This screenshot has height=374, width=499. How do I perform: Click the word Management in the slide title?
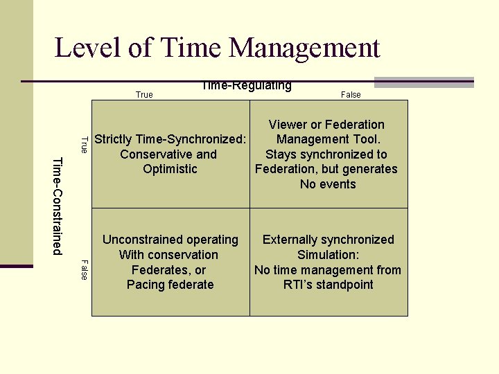(x=304, y=48)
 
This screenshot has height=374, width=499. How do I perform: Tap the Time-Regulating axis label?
(x=247, y=86)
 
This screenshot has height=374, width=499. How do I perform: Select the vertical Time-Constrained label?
(x=58, y=206)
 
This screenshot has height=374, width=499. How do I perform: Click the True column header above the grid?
(x=144, y=95)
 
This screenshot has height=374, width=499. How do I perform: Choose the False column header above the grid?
(x=351, y=95)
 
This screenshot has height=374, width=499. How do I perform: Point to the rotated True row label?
(x=84, y=145)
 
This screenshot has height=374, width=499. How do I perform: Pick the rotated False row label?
(x=84, y=269)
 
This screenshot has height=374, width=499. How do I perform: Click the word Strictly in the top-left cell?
(x=116, y=139)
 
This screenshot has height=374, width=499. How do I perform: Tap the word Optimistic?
(x=170, y=169)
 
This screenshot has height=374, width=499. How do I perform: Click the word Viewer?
(x=288, y=125)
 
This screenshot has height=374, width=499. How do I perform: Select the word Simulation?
(x=328, y=255)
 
